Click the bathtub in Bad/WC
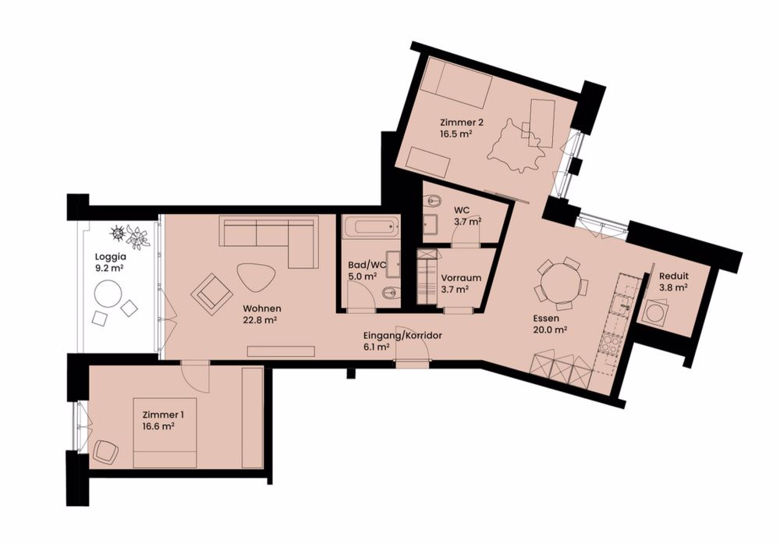point(370,230)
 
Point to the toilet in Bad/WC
point(390,294)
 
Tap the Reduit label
point(673,276)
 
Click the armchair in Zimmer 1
point(105,451)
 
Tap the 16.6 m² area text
point(158,426)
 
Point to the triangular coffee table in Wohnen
point(254,276)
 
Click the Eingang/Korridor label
point(403,335)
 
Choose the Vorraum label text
point(460,278)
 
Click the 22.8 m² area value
point(261,319)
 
